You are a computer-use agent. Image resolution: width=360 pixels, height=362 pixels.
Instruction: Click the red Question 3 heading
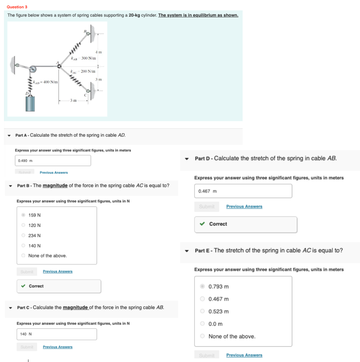(x=17, y=7)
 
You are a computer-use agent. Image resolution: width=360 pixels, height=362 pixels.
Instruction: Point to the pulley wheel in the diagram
(x=32, y=69)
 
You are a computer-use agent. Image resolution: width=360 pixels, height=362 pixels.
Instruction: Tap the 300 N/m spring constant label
(x=88, y=58)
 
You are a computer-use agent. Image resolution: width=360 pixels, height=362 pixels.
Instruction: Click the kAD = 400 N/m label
(x=45, y=82)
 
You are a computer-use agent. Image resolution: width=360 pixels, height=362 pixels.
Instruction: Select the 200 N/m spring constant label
(x=87, y=71)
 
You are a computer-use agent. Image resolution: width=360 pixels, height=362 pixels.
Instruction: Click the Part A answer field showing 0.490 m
(x=53, y=160)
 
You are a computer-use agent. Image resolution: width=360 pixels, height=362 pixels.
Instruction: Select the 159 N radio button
(x=23, y=215)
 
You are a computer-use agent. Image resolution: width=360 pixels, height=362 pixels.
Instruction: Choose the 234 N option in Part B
(x=23, y=235)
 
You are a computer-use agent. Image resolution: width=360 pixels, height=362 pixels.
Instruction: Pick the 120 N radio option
(x=23, y=225)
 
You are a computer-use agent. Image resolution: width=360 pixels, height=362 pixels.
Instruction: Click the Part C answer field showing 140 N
(x=57, y=334)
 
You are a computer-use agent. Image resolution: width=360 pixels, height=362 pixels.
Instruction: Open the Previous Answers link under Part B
(x=58, y=271)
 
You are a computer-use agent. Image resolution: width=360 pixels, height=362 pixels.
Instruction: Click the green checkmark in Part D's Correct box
(x=203, y=224)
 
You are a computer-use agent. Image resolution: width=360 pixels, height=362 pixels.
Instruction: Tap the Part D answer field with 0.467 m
(x=243, y=191)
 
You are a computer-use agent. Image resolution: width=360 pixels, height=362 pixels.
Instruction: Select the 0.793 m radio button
(x=203, y=287)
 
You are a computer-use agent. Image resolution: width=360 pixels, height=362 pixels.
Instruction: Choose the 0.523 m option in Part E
(x=203, y=311)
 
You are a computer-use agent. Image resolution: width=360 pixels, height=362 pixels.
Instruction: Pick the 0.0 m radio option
(x=203, y=324)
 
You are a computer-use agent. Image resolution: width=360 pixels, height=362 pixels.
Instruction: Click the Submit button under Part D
(x=207, y=207)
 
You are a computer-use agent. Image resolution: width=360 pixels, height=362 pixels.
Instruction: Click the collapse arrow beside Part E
(x=187, y=250)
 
